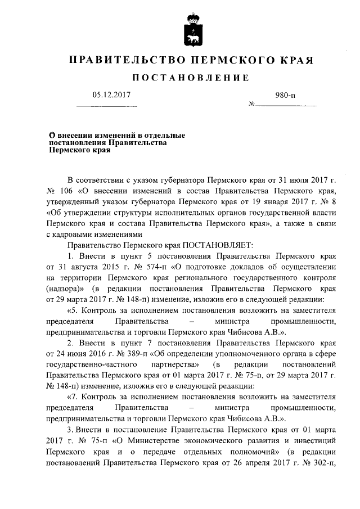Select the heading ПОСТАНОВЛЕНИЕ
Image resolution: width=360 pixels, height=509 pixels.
[190, 77]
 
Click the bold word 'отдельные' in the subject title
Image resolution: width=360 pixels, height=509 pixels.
[163, 136]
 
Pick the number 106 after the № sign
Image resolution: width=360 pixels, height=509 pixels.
[66, 191]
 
